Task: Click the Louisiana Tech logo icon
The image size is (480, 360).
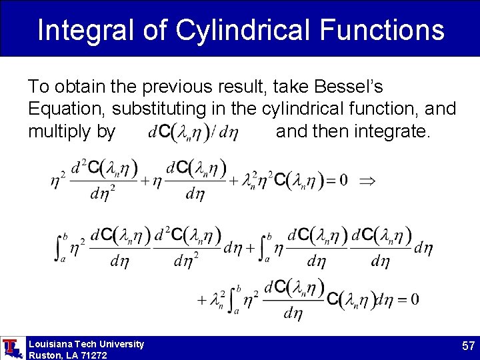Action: pos(11,347)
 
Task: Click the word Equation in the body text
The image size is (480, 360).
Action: pos(67,108)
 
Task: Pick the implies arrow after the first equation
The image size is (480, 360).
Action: pos(367,181)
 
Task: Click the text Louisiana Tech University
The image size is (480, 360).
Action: pos(86,344)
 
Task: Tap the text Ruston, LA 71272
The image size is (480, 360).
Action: pos(67,355)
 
